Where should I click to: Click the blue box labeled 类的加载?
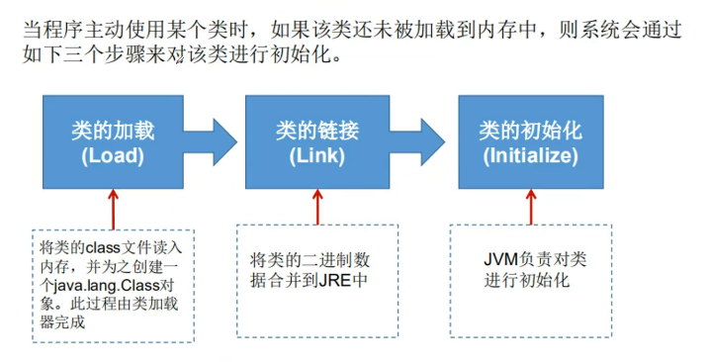pos(113,140)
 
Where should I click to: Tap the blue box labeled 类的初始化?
pos(529,140)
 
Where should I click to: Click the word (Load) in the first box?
pos(113,155)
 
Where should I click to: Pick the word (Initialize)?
pos(529,155)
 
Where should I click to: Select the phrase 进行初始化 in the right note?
pos(527,280)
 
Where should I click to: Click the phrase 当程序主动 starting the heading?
pos(66,29)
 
